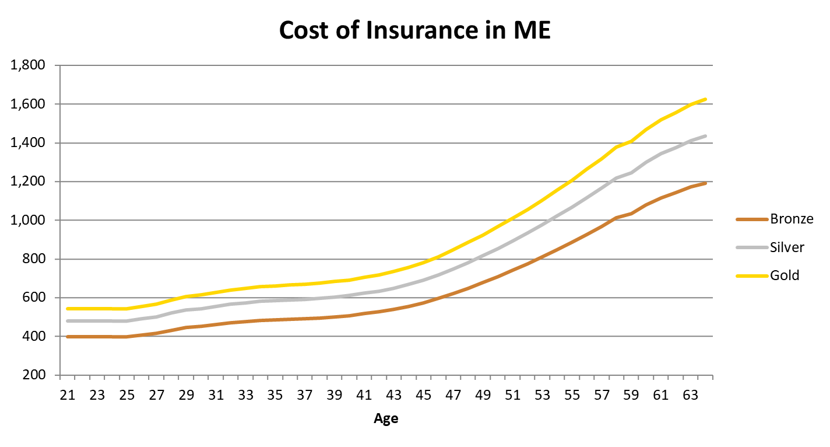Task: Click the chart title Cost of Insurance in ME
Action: coord(414,30)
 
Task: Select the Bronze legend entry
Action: coord(791,219)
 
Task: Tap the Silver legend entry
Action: coord(787,247)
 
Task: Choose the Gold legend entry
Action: coord(785,275)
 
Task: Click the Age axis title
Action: coord(386,418)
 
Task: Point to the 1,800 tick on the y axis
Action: coord(29,65)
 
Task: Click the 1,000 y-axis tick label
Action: coord(29,221)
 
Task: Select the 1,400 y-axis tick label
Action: coord(29,143)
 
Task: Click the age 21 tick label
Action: coord(68,396)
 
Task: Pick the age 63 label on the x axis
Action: coord(691,396)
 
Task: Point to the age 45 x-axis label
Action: coord(423,396)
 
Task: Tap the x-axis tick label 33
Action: coord(245,396)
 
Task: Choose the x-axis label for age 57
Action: coord(602,396)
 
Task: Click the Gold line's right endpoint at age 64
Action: coord(705,99)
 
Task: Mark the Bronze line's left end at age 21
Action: coord(68,337)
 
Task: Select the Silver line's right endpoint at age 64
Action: coord(705,136)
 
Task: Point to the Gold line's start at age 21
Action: coord(68,309)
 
